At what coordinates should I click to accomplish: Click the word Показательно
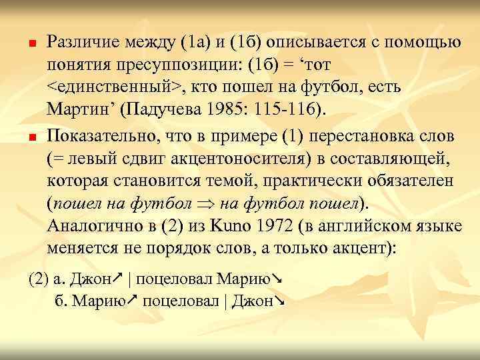pyautogui.click(x=99, y=137)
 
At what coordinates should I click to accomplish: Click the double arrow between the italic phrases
pyautogui.click(x=203, y=203)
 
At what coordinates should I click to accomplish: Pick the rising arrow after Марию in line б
pyautogui.click(x=132, y=301)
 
